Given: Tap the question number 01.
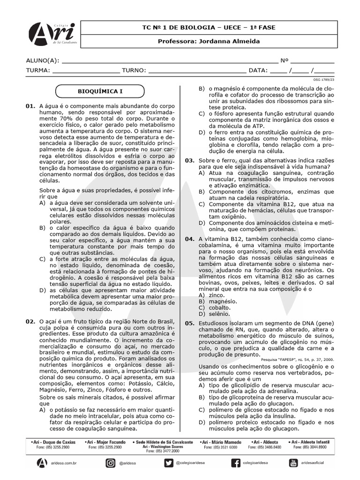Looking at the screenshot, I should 30,106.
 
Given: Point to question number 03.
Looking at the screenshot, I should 189,160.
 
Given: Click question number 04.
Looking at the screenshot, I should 189,239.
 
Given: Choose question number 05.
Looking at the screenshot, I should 189,323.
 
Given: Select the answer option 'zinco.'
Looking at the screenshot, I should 217,295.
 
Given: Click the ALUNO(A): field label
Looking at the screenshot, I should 43,60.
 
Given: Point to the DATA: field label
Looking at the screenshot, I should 258,70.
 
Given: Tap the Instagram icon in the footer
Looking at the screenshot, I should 111,463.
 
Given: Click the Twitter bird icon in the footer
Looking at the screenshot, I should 169,463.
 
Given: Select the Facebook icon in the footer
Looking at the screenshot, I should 236,463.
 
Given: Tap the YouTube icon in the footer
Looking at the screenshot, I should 294,463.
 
